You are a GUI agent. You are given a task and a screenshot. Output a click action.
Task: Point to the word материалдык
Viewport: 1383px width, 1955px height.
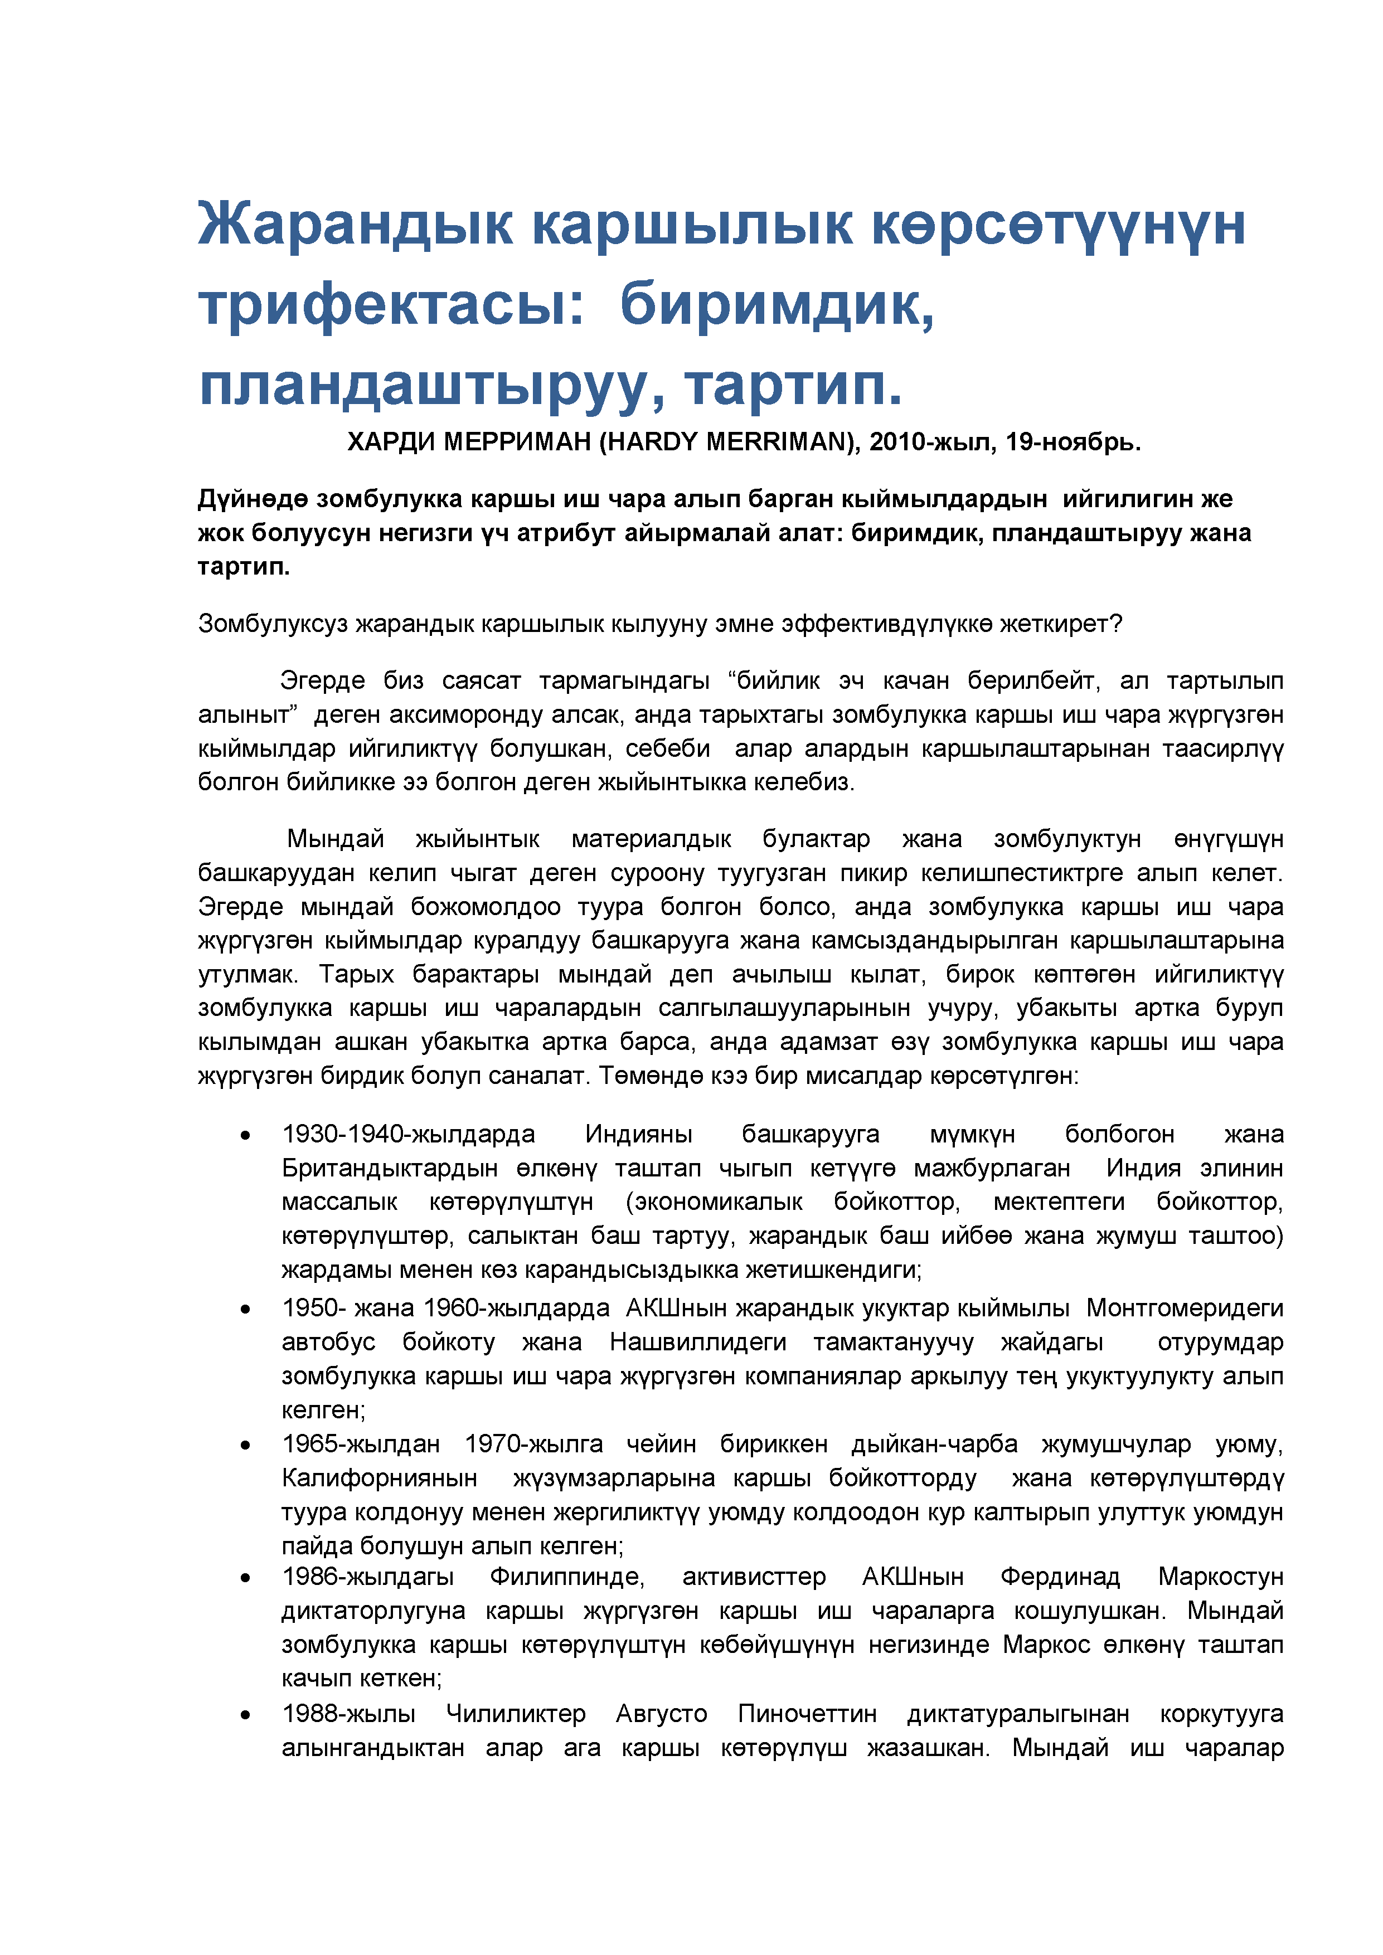[651, 839]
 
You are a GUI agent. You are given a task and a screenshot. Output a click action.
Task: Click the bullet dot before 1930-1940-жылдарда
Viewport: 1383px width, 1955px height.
[245, 1135]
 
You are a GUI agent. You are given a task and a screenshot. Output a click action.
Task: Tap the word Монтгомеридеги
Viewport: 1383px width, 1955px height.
[1185, 1308]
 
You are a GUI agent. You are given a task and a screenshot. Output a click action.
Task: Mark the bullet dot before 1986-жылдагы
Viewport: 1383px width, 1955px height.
[245, 1578]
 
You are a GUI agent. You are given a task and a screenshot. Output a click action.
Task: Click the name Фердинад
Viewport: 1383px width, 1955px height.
[1059, 1577]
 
